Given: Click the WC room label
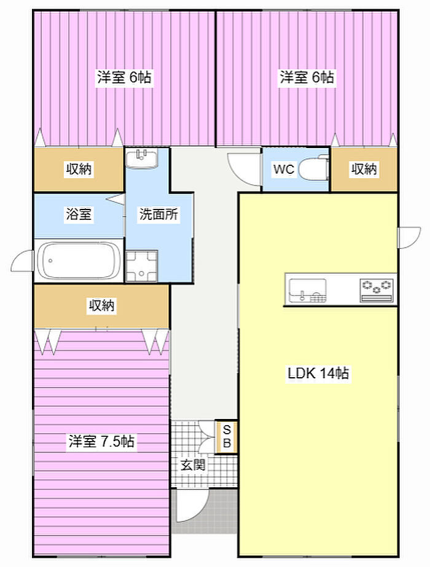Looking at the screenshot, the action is click(x=284, y=169).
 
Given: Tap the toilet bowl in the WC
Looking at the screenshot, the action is click(x=313, y=168).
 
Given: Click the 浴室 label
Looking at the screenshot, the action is click(x=79, y=214).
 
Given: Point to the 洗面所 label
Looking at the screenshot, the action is click(x=158, y=214).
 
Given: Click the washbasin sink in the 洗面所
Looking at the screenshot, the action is click(x=141, y=158).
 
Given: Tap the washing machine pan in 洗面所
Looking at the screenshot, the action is click(x=141, y=266).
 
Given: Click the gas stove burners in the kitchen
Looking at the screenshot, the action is click(x=377, y=289).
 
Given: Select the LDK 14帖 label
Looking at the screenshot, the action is click(x=318, y=373).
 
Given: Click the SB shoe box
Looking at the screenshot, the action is click(x=227, y=436).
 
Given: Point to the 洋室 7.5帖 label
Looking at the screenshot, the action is click(x=101, y=441).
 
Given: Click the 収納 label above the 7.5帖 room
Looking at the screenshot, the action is click(x=101, y=305).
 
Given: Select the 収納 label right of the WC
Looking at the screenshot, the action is click(x=364, y=169).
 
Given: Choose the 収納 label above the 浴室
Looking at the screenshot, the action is click(x=79, y=169).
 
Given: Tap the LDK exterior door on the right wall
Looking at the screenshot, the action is click(x=409, y=238).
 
